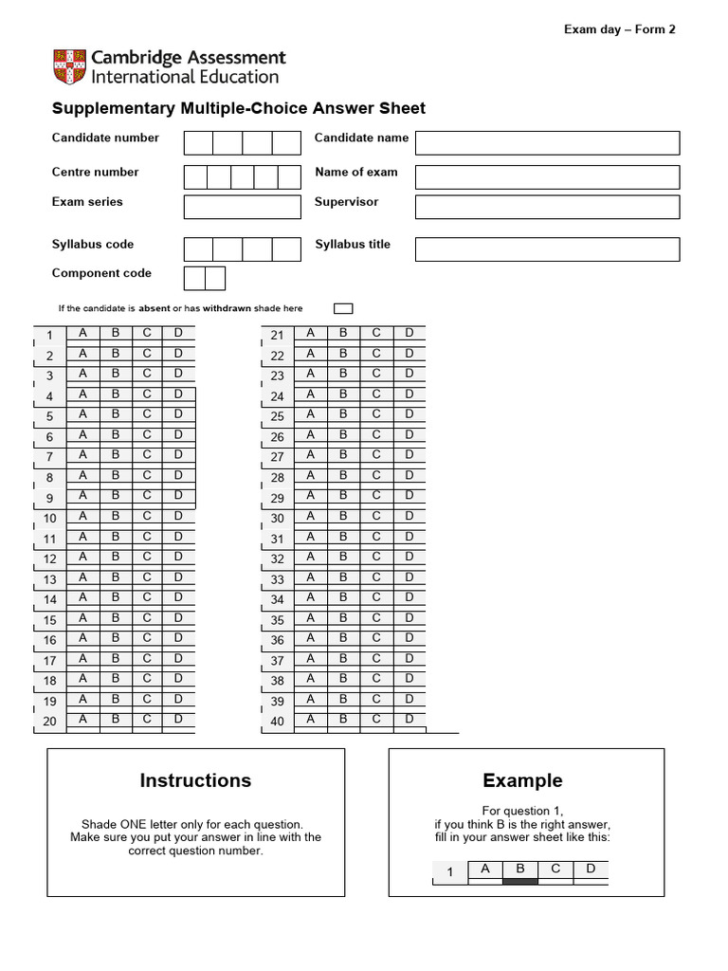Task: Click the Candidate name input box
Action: pos(547,142)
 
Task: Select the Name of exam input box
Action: pos(547,177)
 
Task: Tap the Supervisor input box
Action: pos(547,207)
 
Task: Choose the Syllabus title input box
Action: pos(547,249)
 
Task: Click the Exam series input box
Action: pos(242,207)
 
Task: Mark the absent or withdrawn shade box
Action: pos(343,308)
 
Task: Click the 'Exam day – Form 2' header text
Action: pos(620,29)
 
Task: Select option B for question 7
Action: pos(115,455)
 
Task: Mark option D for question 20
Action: pos(178,719)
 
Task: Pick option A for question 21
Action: pos(310,333)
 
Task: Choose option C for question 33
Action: pos(375,577)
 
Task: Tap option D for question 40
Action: pos(409,719)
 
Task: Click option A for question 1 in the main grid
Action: pos(82,333)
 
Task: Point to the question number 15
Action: pos(50,621)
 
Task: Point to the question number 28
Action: pos(278,479)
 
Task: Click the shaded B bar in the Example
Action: pos(519,881)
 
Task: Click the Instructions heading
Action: pos(195,780)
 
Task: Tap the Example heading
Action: pos(522,780)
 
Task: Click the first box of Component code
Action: pos(194,278)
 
